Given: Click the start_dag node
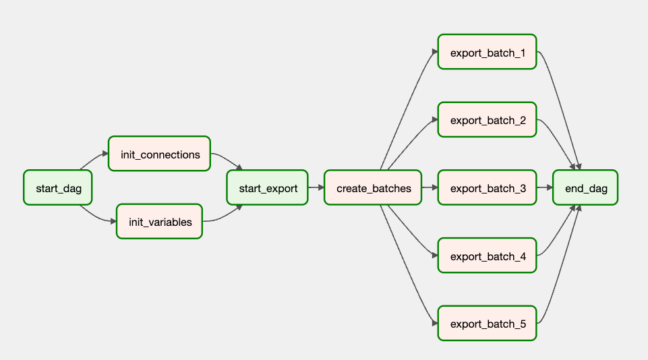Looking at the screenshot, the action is (58, 187).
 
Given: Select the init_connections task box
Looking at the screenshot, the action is (160, 154).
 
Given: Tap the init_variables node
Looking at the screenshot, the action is (160, 222).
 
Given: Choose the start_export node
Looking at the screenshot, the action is (268, 187).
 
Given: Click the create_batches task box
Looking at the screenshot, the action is (373, 187).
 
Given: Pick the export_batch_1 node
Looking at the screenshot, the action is (488, 52).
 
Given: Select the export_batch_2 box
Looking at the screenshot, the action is (488, 120).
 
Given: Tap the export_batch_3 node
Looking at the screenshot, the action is (488, 187).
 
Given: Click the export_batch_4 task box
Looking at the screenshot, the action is (488, 256).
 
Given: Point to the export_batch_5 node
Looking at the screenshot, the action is (488, 323).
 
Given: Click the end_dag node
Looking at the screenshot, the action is (585, 187).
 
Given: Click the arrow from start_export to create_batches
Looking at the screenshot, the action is (316, 187).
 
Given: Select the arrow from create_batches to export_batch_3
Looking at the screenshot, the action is (430, 187).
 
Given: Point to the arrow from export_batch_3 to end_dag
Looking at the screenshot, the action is (545, 187).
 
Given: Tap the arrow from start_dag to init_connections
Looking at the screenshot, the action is (94, 160).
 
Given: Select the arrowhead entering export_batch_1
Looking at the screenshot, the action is (435, 52).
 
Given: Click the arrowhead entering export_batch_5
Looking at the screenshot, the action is (435, 323).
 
